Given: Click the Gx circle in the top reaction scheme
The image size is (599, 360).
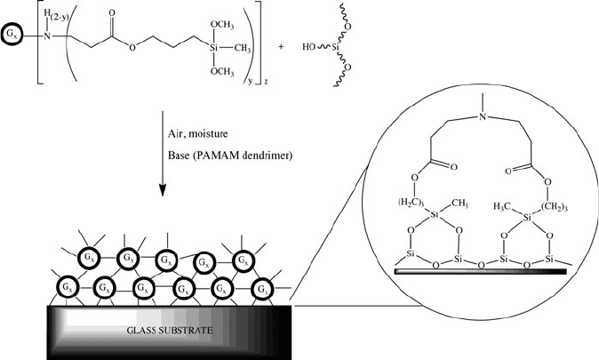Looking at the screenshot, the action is (x=11, y=36).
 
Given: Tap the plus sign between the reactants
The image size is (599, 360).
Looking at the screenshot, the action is (x=281, y=47).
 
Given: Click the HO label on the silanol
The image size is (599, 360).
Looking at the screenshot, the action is (x=308, y=47).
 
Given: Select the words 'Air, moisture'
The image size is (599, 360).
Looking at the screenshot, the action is (x=198, y=133).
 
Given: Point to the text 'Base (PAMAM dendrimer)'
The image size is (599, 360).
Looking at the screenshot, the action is (x=230, y=156).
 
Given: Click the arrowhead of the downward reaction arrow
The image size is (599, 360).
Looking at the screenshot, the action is (x=163, y=190).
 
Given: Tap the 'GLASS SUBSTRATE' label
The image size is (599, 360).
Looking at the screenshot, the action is (x=169, y=330).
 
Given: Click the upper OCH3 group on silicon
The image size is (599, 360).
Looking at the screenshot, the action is (x=222, y=25).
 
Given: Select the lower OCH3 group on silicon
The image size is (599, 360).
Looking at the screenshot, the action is (x=222, y=71).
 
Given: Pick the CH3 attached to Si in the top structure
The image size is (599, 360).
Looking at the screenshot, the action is (x=243, y=49).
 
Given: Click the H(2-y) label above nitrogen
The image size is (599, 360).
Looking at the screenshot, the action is (x=55, y=14).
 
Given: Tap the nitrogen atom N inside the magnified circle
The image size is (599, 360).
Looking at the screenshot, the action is (x=483, y=116).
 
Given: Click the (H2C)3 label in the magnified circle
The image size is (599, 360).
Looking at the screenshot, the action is (x=411, y=203).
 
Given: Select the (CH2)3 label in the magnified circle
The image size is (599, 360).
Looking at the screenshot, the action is (x=555, y=207).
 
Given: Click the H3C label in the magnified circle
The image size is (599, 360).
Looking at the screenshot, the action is (x=502, y=207).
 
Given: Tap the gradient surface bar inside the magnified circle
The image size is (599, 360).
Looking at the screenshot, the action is (x=481, y=271).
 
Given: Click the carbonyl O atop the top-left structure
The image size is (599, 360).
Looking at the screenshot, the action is (x=112, y=13).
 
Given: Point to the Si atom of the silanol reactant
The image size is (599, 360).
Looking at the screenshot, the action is (x=336, y=47).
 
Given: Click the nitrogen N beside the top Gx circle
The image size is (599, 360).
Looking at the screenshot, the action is (x=47, y=36).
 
